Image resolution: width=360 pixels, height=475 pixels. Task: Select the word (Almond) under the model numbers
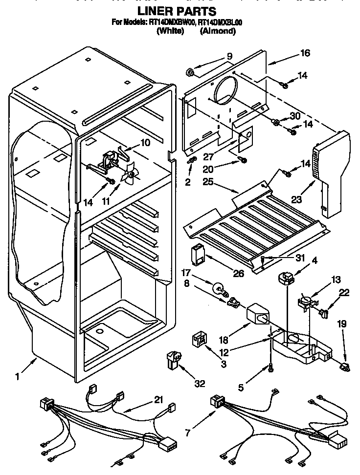pos(218,31)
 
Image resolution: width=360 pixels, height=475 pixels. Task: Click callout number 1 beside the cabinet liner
pos(18,376)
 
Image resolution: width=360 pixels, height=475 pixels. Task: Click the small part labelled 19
pos(346,366)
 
